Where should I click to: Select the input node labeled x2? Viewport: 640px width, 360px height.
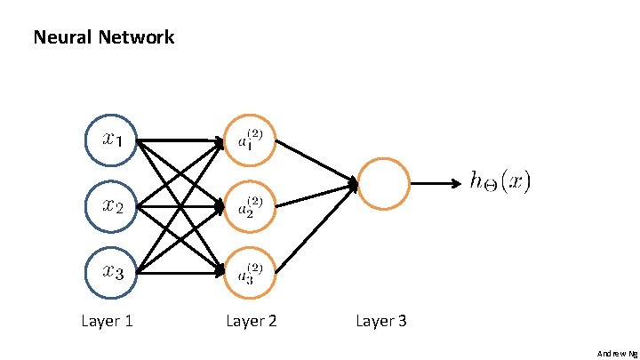110,206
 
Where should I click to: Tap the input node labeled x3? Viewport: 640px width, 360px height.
110,273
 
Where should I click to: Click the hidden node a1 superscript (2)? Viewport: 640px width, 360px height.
250,140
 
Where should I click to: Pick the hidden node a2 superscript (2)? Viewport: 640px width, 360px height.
250,206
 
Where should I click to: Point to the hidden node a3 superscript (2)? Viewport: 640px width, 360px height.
250,273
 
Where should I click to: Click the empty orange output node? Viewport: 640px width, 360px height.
383,184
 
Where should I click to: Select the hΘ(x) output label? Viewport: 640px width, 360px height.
500,183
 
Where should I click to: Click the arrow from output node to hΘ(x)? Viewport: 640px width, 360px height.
436,184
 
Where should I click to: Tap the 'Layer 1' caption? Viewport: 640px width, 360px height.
107,321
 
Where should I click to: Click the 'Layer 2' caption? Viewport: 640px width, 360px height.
252,321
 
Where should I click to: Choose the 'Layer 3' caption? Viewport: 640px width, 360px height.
381,321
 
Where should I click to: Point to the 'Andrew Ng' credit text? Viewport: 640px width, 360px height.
616,353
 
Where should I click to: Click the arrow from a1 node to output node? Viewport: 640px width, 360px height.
316,162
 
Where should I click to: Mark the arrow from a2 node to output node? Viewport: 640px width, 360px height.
316,196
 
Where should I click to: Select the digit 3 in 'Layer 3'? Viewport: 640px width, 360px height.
402,321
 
